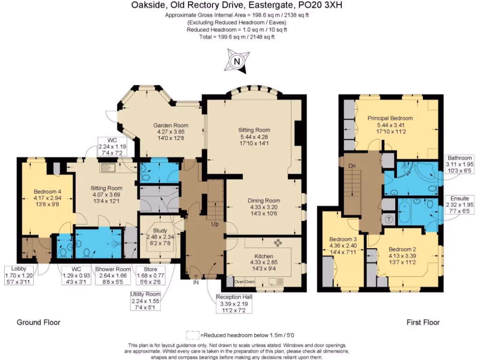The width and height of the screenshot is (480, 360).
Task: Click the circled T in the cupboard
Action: point(389,219)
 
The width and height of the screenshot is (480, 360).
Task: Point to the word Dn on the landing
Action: point(352,165)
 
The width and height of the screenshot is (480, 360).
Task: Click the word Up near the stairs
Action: point(215,225)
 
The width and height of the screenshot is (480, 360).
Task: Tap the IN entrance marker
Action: point(195,283)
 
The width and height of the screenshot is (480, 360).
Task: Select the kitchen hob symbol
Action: point(277,242)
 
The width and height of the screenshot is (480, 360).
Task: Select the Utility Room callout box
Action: point(145,300)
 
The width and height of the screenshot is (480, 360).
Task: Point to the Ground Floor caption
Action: point(38,322)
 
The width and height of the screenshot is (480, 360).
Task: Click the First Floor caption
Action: point(423,322)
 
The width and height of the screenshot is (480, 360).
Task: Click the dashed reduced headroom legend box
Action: point(193,335)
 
